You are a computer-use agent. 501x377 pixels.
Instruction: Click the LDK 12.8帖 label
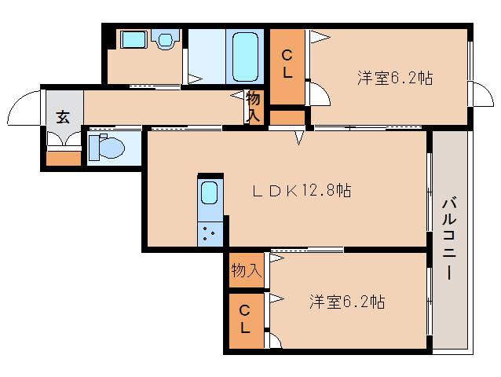coord(301,190)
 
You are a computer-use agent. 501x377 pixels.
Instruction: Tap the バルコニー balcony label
coord(448,240)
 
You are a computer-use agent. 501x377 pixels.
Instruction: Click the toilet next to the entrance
coord(105,147)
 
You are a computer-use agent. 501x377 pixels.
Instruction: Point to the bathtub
coord(245,56)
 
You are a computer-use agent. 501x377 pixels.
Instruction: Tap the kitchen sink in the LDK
coord(210,193)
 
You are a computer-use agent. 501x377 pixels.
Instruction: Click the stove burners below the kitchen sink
coord(210,234)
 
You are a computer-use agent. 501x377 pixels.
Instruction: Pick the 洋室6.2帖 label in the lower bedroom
coord(346,302)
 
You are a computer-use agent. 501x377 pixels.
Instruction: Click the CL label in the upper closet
coord(288,64)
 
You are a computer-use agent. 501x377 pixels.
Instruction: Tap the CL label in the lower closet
coord(245,319)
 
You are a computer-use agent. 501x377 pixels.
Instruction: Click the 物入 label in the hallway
coord(254,107)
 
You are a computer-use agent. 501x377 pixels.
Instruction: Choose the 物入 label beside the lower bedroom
coord(246,271)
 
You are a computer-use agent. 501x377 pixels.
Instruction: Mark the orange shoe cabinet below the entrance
coord(64,158)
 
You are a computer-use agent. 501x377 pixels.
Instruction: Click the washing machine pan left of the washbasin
coord(133,40)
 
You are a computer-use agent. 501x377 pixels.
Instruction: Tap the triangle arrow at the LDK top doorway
coord(299,138)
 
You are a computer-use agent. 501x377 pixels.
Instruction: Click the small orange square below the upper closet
coord(287,117)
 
